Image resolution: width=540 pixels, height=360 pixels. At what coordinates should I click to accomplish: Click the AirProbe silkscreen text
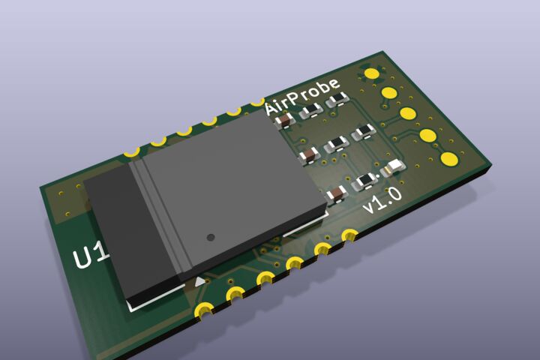click(x=303, y=97)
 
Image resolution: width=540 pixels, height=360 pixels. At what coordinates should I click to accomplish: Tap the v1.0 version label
click(x=382, y=200)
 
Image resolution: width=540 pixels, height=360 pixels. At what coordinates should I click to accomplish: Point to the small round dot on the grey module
click(x=211, y=237)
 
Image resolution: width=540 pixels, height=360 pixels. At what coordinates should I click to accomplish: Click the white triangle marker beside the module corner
click(x=199, y=282)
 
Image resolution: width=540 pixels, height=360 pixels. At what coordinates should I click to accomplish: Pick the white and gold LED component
click(x=393, y=168)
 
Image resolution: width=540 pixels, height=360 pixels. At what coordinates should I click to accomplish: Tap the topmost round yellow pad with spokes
click(x=371, y=73)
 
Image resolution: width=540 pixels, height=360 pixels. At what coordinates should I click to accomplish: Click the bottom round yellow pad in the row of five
click(x=449, y=158)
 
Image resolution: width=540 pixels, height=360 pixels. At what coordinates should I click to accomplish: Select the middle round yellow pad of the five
click(x=408, y=113)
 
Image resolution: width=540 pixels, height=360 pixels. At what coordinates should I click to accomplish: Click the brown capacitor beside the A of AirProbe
click(x=285, y=121)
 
